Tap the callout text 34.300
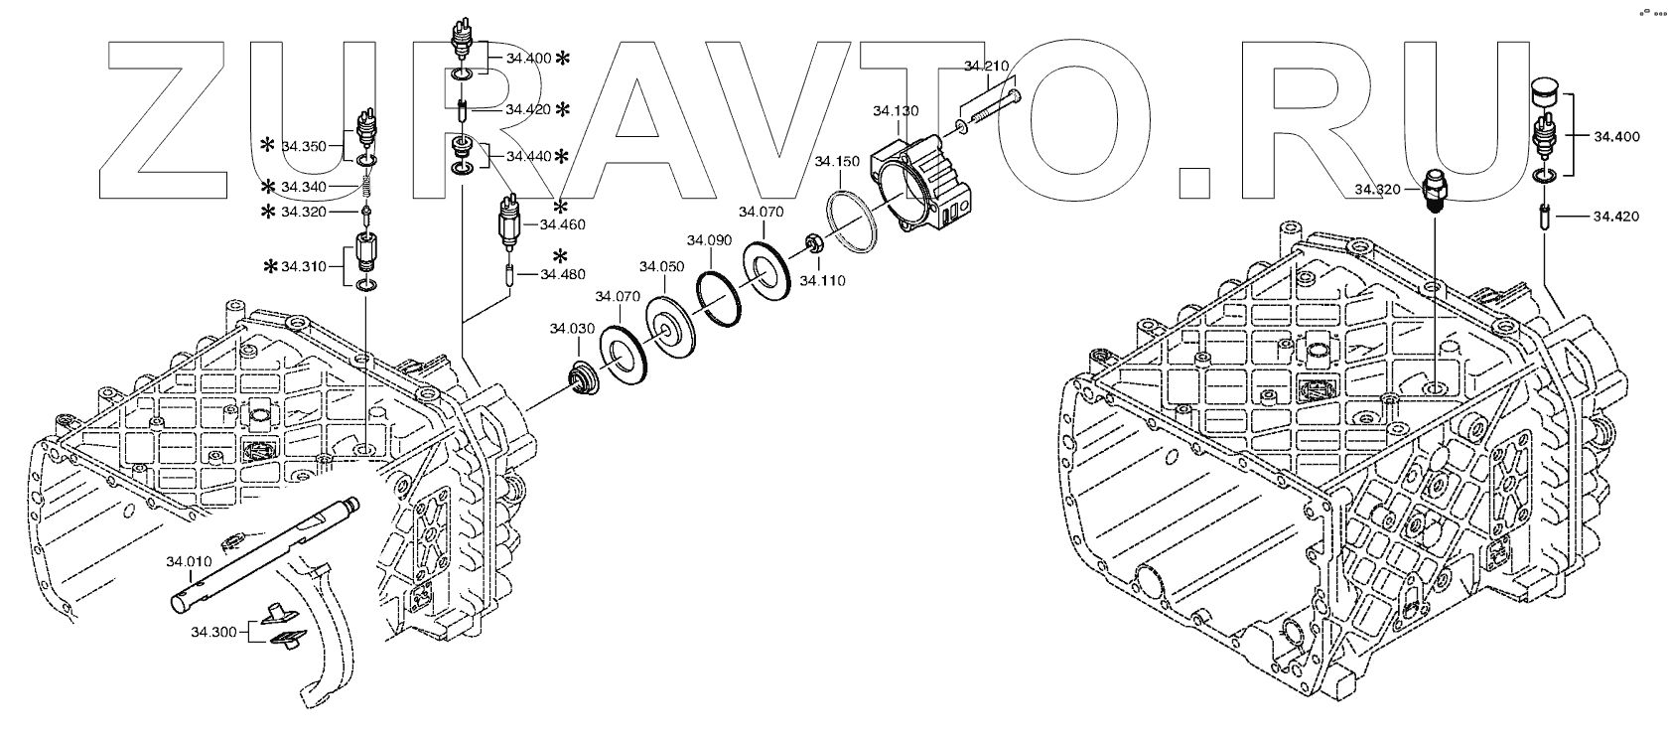pyautogui.click(x=213, y=631)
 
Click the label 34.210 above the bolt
pyautogui.click(x=986, y=67)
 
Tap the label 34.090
pyautogui.click(x=710, y=240)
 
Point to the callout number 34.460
pyautogui.click(x=562, y=225)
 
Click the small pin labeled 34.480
pyautogui.click(x=509, y=274)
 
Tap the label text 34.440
pyautogui.click(x=528, y=156)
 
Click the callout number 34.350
pyautogui.click(x=303, y=146)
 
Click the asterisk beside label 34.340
pyautogui.click(x=268, y=187)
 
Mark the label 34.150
pyautogui.click(x=836, y=161)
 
